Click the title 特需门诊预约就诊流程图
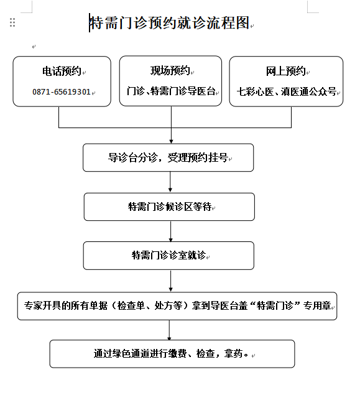click(170, 22)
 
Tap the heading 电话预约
click(62, 71)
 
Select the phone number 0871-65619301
click(62, 92)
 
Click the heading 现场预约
click(170, 71)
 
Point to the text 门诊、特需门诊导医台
click(171, 91)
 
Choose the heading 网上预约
click(285, 71)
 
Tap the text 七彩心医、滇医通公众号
click(287, 91)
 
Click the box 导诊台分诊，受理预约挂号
click(168, 157)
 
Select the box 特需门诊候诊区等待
click(169, 207)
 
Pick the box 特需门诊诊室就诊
click(168, 256)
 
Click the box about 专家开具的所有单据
click(177, 306)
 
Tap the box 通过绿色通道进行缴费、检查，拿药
click(172, 354)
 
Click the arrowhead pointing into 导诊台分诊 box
click(171, 142)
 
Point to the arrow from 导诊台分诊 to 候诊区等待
click(170, 182)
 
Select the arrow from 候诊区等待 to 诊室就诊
click(170, 231)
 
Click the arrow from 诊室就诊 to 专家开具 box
click(170, 281)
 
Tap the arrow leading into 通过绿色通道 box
click(169, 330)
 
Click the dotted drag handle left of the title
click(12, 22)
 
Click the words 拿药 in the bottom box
click(233, 354)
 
